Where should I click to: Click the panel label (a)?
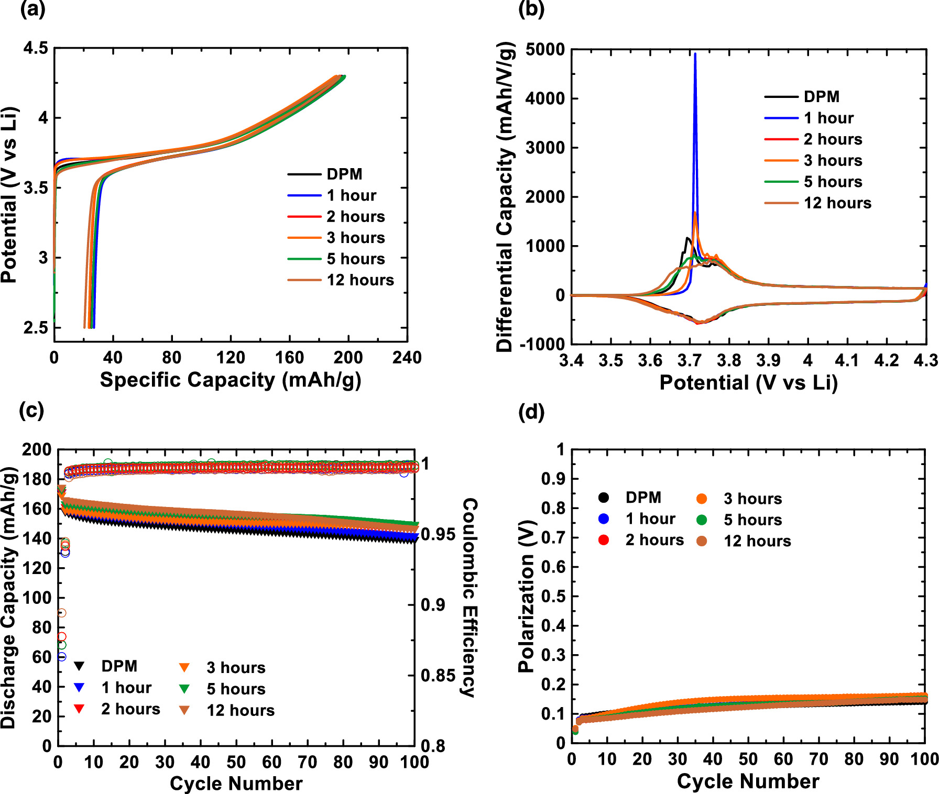click(x=32, y=10)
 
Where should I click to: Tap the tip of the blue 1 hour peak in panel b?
click(x=695, y=54)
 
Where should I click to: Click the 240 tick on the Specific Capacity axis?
click(x=407, y=358)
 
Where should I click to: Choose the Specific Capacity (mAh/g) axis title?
click(x=231, y=380)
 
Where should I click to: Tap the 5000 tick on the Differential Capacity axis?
click(x=545, y=50)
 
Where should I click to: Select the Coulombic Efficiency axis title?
click(x=469, y=597)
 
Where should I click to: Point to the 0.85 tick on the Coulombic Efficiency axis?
click(x=438, y=676)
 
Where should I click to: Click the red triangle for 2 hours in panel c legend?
click(x=80, y=709)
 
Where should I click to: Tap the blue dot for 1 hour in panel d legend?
click(x=604, y=519)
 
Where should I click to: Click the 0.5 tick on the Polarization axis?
click(x=553, y=597)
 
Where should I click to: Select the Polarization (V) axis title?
click(x=526, y=597)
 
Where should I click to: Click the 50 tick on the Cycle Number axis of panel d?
click(x=748, y=759)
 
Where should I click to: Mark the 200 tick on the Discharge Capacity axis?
click(x=37, y=450)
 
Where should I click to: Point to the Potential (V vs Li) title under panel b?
click(x=748, y=383)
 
